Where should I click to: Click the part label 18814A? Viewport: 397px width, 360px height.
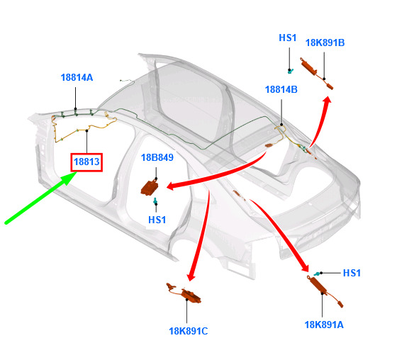77,77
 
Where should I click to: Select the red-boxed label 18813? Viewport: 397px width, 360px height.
86,162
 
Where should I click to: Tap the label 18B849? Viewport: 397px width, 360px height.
157,157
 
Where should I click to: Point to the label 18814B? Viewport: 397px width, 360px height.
281,89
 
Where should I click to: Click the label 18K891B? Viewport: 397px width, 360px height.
325,43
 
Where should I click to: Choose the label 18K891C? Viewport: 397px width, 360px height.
189,331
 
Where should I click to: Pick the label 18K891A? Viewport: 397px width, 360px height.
324,325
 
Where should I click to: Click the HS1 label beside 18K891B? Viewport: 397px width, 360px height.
287,38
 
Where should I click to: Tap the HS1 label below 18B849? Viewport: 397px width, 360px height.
157,220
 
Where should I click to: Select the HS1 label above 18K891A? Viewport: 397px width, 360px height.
352,273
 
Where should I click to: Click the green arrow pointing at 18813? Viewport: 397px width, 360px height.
41,198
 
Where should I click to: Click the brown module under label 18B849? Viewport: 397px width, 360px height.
150,187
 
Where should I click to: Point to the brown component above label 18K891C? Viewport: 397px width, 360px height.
184,293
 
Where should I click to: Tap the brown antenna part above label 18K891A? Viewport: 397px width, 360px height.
325,291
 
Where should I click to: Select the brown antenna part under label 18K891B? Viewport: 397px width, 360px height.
316,73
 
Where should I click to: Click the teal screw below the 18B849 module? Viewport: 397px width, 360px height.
155,201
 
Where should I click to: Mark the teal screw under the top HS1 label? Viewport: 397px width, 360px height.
291,71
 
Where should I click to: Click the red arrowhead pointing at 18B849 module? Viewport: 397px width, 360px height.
172,186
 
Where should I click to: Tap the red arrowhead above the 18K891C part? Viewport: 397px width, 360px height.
191,276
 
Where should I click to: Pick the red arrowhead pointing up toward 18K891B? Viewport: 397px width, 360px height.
327,100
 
